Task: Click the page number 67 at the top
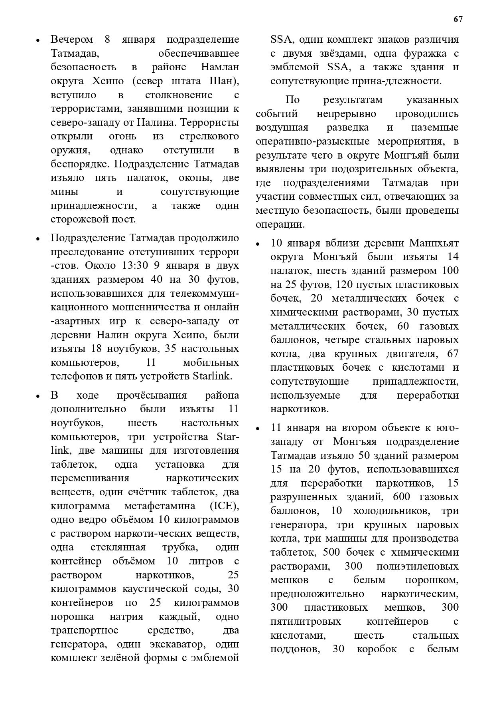click(458, 19)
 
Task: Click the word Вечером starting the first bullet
click(71, 40)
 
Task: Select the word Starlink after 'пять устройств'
click(212, 376)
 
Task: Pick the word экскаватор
click(178, 644)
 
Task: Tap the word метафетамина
click(160, 506)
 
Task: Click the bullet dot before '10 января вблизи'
click(258, 244)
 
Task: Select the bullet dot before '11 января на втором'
click(258, 429)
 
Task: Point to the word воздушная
click(282, 127)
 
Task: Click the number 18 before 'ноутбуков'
click(97, 349)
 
